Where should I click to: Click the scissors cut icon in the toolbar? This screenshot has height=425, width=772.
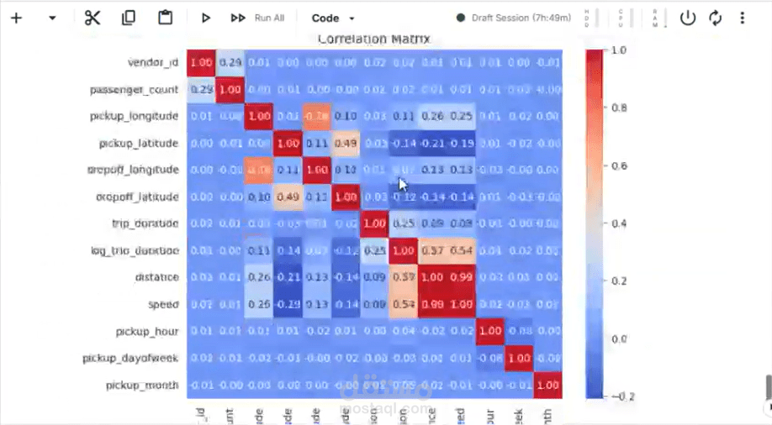pyautogui.click(x=93, y=18)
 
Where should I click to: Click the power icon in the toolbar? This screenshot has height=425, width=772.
pyautogui.click(x=688, y=18)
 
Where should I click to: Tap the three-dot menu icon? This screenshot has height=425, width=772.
pyautogui.click(x=742, y=18)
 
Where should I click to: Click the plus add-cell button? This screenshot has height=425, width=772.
pyautogui.click(x=16, y=18)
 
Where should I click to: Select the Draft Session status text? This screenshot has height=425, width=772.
pyautogui.click(x=521, y=18)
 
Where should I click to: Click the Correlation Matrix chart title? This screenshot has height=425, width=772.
pyautogui.click(x=373, y=39)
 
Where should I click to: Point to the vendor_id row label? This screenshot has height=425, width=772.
pyautogui.click(x=153, y=62)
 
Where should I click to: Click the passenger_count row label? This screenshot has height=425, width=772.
pyautogui.click(x=135, y=89)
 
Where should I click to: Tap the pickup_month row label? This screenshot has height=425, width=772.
pyautogui.click(x=142, y=385)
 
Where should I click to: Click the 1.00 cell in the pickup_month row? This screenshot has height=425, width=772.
pyautogui.click(x=548, y=385)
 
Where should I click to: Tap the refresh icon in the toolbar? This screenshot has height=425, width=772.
pyautogui.click(x=716, y=18)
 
